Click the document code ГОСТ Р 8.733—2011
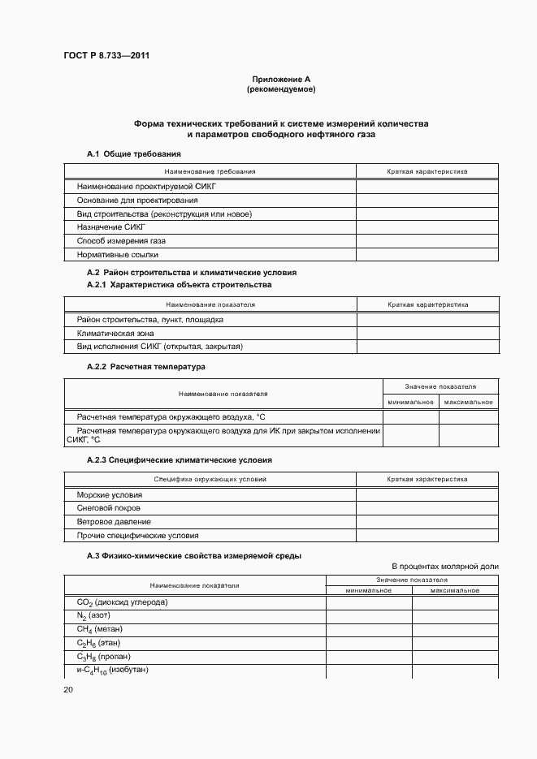click(106, 55)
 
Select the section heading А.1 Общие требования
click(133, 154)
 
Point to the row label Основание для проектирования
click(136, 200)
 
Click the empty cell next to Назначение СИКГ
click(427, 227)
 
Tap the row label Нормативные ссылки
click(117, 255)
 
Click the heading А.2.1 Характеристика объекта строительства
click(179, 285)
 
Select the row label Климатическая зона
click(115, 333)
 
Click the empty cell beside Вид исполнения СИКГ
click(427, 347)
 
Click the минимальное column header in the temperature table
click(410, 402)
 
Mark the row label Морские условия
click(109, 494)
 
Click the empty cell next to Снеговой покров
click(427, 508)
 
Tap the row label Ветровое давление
click(114, 522)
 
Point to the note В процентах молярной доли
click(444, 566)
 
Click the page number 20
click(68, 689)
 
